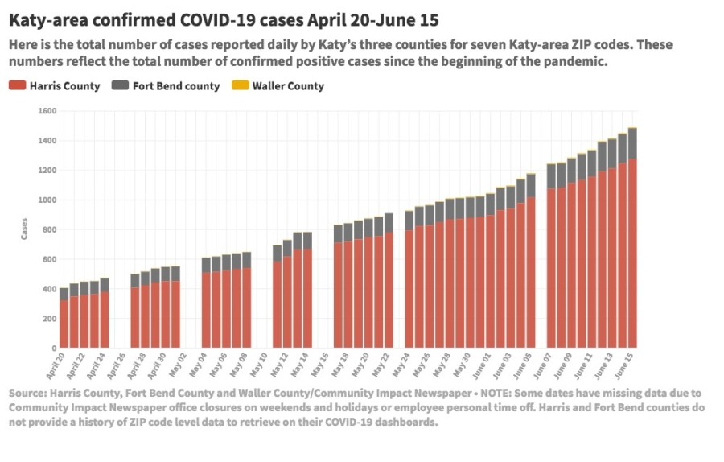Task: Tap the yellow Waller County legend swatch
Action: [239, 86]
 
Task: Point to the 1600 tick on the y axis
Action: [47, 111]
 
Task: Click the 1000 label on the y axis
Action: [47, 200]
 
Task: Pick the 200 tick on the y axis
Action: [48, 319]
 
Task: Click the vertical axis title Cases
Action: [24, 229]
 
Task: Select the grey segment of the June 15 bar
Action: [632, 143]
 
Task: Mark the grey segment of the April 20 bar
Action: [64, 295]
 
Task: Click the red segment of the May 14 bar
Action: [307, 299]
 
